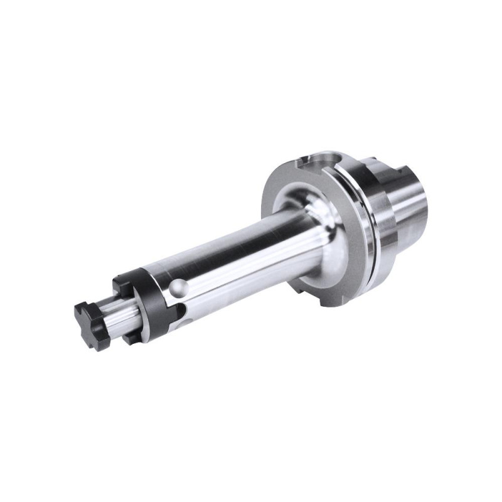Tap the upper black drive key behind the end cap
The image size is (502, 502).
point(122,286)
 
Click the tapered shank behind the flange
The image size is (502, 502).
point(408,201)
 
